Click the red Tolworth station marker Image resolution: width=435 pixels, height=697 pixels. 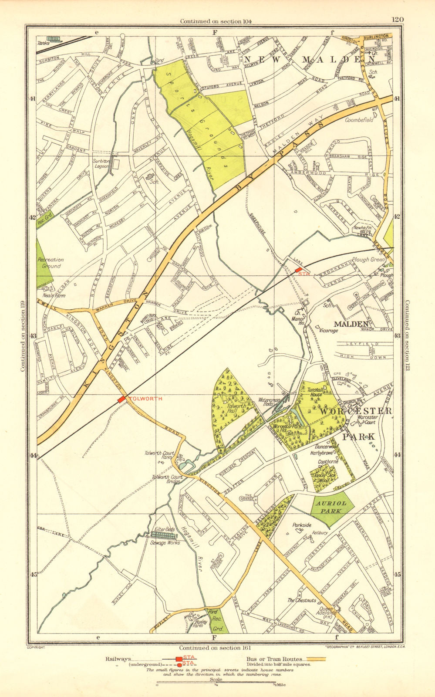coord(121,399)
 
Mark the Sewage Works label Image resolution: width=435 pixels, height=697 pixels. coord(165,543)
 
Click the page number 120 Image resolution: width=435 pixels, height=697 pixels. coord(398,19)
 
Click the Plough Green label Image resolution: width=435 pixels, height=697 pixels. coord(371,260)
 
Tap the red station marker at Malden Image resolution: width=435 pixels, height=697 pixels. coord(298,271)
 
